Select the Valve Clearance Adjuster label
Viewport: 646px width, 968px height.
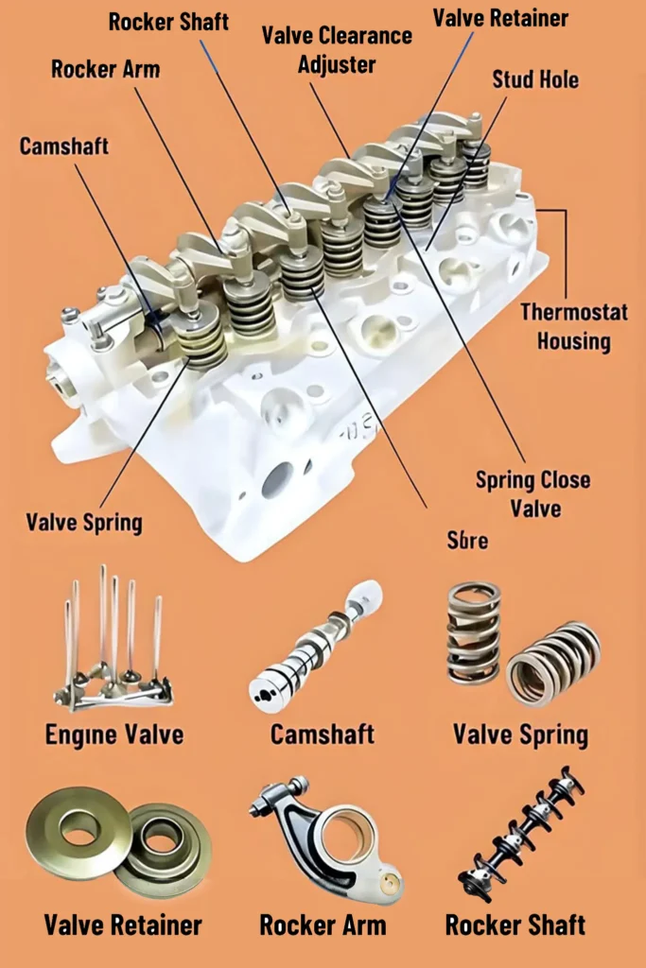click(x=337, y=50)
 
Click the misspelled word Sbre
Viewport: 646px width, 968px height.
click(x=467, y=540)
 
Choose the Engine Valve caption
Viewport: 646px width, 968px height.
click(x=114, y=735)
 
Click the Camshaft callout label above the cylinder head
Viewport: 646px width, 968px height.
click(x=64, y=147)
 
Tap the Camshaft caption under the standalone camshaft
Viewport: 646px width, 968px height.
click(x=323, y=735)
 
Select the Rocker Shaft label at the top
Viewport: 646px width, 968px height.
click(x=169, y=21)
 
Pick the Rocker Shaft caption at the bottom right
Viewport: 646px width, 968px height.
click(x=515, y=925)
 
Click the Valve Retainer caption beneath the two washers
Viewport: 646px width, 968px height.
click(x=123, y=925)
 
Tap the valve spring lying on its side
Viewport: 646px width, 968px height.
click(x=553, y=665)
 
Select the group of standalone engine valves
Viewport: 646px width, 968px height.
click(x=112, y=643)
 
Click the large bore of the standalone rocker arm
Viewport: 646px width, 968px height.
click(x=346, y=836)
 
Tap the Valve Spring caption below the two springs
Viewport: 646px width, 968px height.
click(x=520, y=735)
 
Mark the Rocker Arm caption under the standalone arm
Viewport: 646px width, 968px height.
click(x=323, y=925)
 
